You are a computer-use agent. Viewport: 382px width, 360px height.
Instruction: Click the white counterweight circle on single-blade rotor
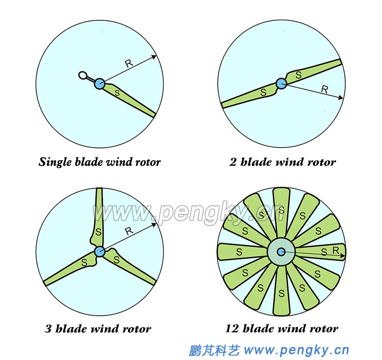[82, 75]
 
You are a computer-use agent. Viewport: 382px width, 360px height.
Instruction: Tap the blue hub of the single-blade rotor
[99, 83]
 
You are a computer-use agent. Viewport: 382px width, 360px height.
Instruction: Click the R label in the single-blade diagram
[129, 64]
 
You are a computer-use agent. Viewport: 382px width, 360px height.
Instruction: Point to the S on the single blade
[117, 93]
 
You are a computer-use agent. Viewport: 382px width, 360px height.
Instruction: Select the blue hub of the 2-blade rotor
[281, 83]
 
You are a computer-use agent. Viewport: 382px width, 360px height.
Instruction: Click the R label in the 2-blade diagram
[324, 89]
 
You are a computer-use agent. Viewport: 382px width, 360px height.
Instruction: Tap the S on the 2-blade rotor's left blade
[263, 93]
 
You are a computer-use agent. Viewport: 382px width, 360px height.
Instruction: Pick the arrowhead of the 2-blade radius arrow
[342, 98]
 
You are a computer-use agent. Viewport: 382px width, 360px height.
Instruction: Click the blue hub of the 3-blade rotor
[99, 251]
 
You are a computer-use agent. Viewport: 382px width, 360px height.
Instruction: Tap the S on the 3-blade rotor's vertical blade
[99, 232]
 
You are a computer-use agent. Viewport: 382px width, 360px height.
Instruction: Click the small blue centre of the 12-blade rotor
[281, 252]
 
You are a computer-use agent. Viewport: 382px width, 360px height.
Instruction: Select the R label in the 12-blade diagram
[336, 251]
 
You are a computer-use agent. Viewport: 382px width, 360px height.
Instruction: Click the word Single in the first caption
[55, 162]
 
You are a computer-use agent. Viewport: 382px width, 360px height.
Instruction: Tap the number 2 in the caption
[233, 162]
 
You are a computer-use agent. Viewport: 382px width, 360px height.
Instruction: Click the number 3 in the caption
[48, 329]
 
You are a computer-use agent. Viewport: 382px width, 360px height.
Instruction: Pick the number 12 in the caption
[232, 329]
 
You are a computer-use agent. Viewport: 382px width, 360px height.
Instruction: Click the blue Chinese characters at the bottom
[214, 350]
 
